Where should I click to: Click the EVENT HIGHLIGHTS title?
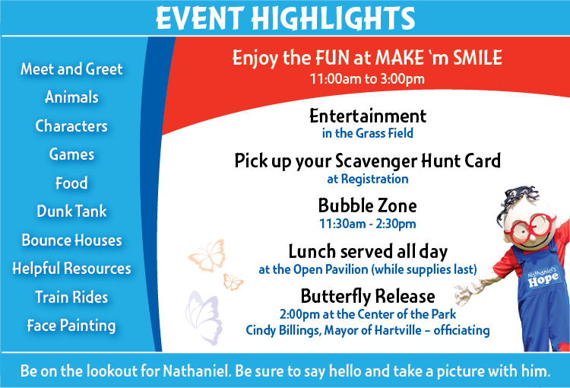[285, 18]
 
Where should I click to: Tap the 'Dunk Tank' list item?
[71, 211]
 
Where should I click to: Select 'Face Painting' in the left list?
[71, 326]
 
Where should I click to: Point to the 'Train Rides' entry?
[71, 297]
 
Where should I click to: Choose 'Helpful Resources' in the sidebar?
[71, 269]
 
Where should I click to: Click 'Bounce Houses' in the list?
[71, 240]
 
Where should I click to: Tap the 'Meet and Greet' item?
[71, 68]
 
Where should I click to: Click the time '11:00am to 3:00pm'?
[367, 78]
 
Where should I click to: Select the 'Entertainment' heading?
[368, 116]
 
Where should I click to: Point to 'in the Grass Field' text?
[368, 133]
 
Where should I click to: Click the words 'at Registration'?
[368, 179]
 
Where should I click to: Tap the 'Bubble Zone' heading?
[368, 205]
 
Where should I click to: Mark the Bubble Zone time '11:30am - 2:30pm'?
[368, 224]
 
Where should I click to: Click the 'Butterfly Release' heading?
[368, 296]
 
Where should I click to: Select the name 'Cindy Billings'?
[283, 330]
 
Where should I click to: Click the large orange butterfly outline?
[207, 256]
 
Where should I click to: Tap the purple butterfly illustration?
[204, 317]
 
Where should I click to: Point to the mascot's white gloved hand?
[464, 292]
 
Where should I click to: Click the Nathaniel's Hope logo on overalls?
[543, 278]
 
